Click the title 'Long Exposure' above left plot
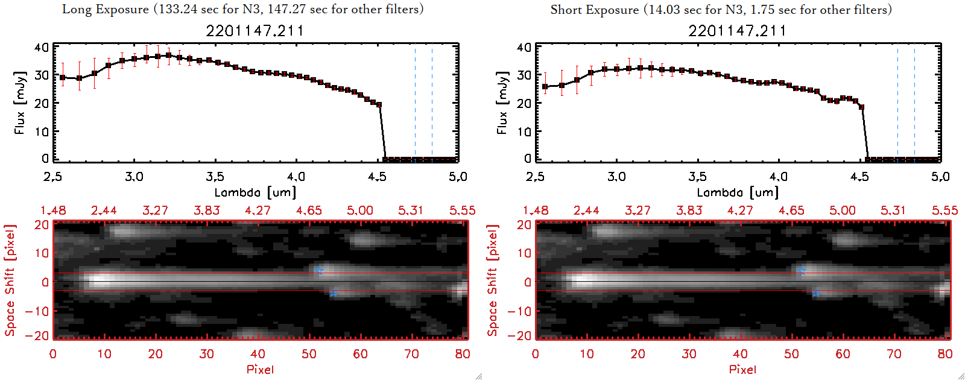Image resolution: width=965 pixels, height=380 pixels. tap(106, 9)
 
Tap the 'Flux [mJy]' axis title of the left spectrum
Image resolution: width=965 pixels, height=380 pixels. tap(20, 103)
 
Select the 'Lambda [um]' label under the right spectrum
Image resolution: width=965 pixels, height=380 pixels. tap(738, 192)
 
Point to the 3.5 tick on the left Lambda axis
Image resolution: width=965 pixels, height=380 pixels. tap(215, 177)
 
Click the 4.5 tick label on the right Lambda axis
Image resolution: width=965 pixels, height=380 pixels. tap(859, 177)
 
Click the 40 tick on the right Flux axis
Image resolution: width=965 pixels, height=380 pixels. tap(524, 47)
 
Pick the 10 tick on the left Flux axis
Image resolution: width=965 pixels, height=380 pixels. tap(42, 131)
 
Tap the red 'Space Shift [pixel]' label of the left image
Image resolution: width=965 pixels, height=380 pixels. tap(10, 280)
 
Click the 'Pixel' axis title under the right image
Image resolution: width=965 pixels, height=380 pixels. tap(742, 369)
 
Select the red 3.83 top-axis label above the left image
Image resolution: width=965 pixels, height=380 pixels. tap(206, 211)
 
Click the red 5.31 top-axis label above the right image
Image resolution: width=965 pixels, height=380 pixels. tap(893, 211)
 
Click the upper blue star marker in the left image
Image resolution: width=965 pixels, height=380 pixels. tap(319, 270)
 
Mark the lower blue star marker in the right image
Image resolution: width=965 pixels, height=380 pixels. tap(816, 293)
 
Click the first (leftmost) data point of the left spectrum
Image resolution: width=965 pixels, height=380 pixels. tap(63, 78)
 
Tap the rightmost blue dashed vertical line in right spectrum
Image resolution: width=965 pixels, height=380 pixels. tap(914, 103)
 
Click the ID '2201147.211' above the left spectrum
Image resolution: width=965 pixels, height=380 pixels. tap(255, 31)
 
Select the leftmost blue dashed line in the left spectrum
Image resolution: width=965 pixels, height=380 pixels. tap(415, 103)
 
